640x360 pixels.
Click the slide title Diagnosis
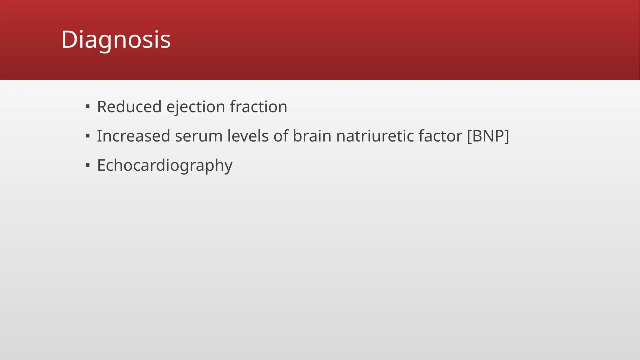click(x=116, y=40)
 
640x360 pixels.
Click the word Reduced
click(x=129, y=107)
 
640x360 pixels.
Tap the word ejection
click(x=196, y=107)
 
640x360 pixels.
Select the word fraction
click(x=258, y=107)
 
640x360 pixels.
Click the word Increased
click(x=133, y=136)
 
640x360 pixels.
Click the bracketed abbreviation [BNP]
click(x=488, y=136)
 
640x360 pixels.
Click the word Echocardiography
click(x=165, y=166)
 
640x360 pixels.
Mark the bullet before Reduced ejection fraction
click(x=87, y=107)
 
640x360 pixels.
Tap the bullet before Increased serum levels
click(x=87, y=136)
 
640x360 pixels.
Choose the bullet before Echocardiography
click(x=87, y=165)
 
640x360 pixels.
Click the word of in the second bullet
click(x=281, y=136)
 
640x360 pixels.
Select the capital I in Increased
click(x=99, y=136)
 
